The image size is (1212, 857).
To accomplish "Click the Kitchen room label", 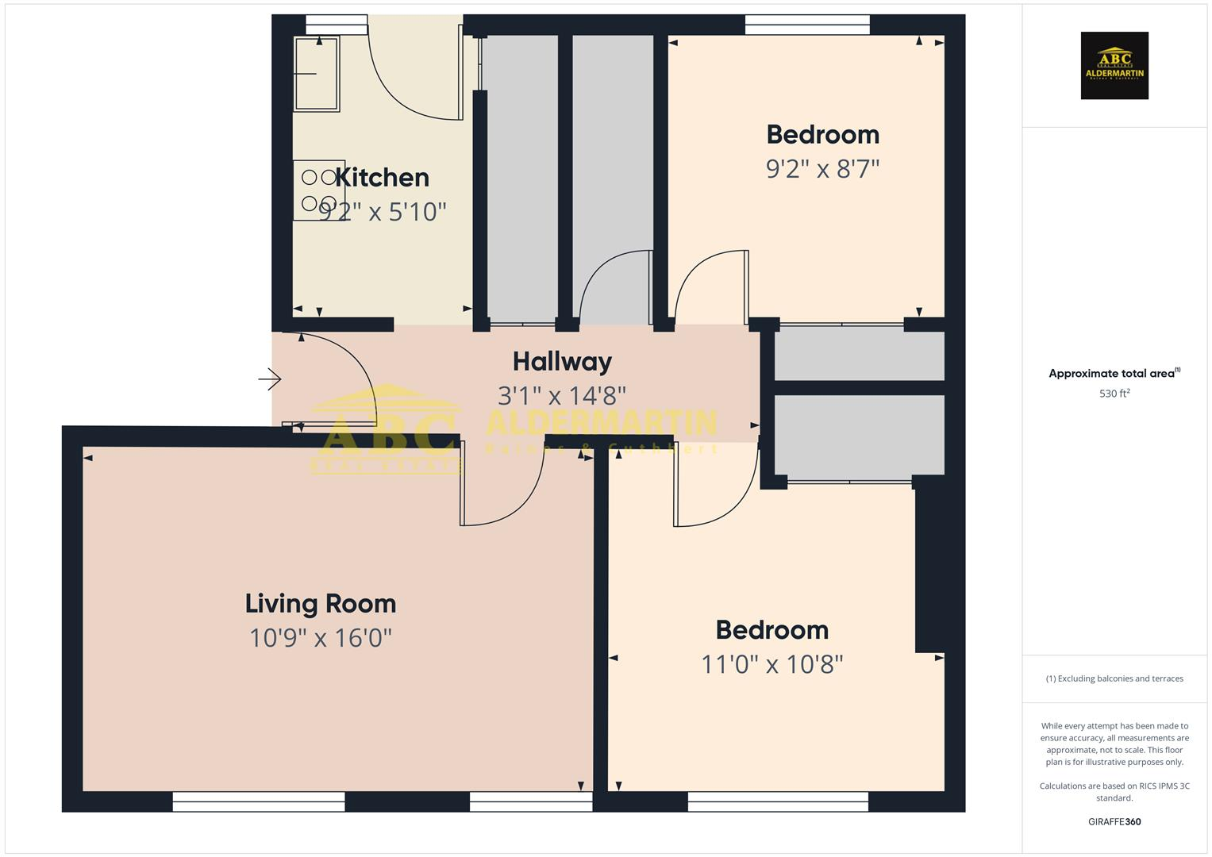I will coord(382,178).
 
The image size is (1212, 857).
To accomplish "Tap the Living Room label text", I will coord(320,604).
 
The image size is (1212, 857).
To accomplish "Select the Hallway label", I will coord(562,362).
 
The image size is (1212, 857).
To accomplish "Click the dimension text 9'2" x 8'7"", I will coord(822,169).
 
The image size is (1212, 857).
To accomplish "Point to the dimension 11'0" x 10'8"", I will coord(771,664).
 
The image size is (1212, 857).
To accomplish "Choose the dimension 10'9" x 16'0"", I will coord(320,638).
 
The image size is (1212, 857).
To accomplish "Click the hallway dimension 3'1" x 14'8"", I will coord(562,395).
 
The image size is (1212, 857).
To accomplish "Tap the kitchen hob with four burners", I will coord(319,190).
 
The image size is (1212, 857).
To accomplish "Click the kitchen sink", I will coord(317,73).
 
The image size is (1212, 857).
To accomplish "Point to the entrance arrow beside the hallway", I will coord(270,379).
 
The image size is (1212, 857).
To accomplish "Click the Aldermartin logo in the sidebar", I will coord(1114,66).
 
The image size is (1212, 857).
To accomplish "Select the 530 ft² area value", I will coord(1114,394).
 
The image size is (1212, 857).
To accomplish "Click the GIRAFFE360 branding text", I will coord(1114,822).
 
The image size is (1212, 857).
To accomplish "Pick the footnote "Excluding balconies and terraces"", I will coord(1114,678).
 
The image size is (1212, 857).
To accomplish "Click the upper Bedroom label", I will coord(822,135).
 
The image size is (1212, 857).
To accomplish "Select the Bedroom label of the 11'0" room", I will coord(771,630).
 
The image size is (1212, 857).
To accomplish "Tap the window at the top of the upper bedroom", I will coord(807,25).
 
